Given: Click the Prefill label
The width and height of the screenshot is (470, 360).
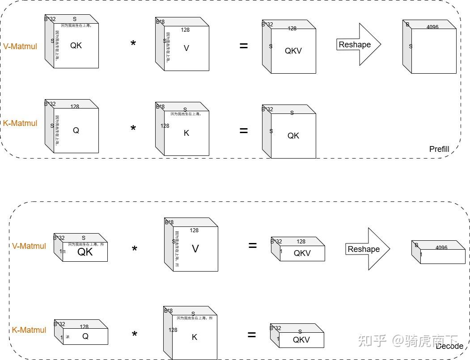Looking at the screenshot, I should (x=439, y=149).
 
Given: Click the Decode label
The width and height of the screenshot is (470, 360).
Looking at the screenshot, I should (x=449, y=346).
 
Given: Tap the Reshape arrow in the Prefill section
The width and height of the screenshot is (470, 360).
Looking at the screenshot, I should (x=358, y=45).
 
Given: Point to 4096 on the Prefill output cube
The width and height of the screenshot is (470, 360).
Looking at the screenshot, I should (x=432, y=27).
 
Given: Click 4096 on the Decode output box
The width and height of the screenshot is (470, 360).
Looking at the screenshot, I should (x=441, y=248).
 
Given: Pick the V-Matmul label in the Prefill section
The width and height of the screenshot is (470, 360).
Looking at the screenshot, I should (x=20, y=46).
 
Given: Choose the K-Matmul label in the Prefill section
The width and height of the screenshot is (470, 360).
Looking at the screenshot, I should (x=20, y=123).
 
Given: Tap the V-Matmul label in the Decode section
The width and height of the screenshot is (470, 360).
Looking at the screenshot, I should (x=29, y=246).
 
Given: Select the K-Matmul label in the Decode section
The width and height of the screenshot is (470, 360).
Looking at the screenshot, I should (x=29, y=330).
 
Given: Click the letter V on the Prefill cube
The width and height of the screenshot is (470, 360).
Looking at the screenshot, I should (x=186, y=48).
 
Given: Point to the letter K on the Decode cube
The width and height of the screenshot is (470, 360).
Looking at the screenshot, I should (x=194, y=337).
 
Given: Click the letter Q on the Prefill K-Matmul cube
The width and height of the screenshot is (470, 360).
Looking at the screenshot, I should (x=76, y=130).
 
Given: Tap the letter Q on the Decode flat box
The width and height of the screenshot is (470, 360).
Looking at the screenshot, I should (x=85, y=336).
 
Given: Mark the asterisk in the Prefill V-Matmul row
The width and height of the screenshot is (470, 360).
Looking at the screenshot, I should (x=133, y=44).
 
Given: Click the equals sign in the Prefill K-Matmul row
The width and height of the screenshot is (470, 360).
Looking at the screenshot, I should (x=243, y=130).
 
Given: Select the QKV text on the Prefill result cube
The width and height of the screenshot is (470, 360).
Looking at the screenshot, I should (x=293, y=51).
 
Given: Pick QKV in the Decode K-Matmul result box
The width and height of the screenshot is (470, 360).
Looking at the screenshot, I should (x=301, y=339).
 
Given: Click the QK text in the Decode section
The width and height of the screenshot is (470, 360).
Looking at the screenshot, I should (x=85, y=252).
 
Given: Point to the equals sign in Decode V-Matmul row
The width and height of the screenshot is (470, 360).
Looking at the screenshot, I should (x=252, y=245).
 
